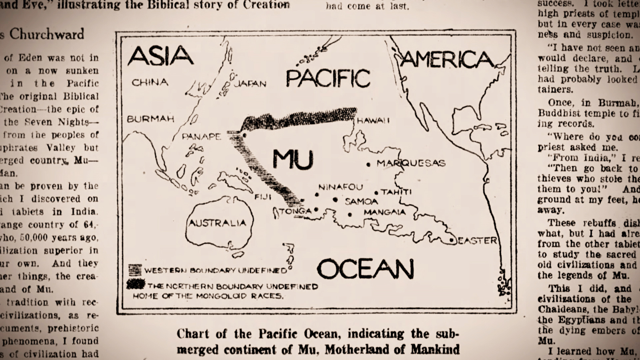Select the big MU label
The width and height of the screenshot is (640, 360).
pyautogui.click(x=293, y=160)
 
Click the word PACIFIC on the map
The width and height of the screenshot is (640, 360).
pyautogui.click(x=328, y=79)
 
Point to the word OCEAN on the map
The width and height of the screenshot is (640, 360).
pyautogui.click(x=365, y=269)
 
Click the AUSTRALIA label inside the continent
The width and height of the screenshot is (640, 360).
pyautogui.click(x=217, y=223)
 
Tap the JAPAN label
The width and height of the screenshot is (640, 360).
pyautogui.click(x=250, y=83)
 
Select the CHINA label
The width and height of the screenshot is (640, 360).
pyautogui.click(x=150, y=82)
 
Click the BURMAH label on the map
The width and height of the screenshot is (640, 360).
pyautogui.click(x=151, y=119)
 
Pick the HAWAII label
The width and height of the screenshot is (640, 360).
pyautogui.click(x=373, y=121)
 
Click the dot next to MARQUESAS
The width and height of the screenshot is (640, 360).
pyautogui.click(x=368, y=164)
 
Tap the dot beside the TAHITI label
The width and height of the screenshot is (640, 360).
pyautogui.click(x=376, y=193)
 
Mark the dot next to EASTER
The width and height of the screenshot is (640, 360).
pyautogui.click(x=451, y=240)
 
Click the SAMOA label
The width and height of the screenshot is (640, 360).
pyautogui.click(x=361, y=202)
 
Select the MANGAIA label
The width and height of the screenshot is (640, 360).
pyautogui.click(x=384, y=212)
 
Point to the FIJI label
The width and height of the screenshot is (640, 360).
pyautogui.click(x=263, y=197)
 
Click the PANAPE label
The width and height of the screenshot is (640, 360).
pyautogui.click(x=201, y=137)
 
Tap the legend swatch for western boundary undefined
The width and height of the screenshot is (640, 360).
pyautogui.click(x=135, y=269)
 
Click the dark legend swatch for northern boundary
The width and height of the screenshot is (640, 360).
pyautogui.click(x=136, y=284)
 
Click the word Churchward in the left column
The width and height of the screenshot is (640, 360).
pyautogui.click(x=46, y=34)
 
